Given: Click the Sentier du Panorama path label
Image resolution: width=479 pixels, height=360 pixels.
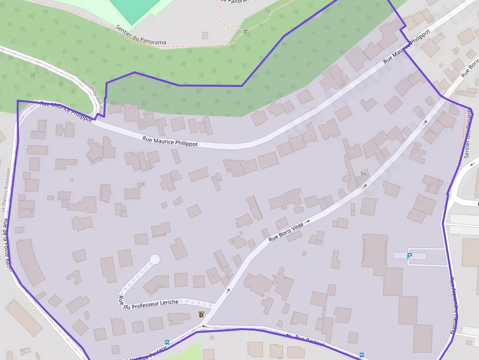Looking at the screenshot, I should pos(141,36).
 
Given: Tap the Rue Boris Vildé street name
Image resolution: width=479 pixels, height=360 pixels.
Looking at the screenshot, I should pos(286,232).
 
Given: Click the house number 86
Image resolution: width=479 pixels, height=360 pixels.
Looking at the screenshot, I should pos(364,174).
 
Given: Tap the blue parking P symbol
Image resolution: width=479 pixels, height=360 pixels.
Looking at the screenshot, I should pos(410,256).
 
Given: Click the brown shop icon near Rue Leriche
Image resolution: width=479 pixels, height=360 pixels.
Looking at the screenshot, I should pos(201,315).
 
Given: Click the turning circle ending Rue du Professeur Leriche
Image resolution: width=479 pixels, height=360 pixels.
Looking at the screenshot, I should pos(155,259).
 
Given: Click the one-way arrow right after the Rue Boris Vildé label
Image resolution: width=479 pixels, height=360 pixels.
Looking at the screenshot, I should pos(308,221).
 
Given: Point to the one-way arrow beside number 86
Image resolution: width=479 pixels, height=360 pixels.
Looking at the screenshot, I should pos(364,186).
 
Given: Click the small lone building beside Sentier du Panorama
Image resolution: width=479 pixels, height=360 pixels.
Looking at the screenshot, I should pos(205,35).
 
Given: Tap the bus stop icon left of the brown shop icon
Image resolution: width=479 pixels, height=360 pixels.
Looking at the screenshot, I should pos(167,342).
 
